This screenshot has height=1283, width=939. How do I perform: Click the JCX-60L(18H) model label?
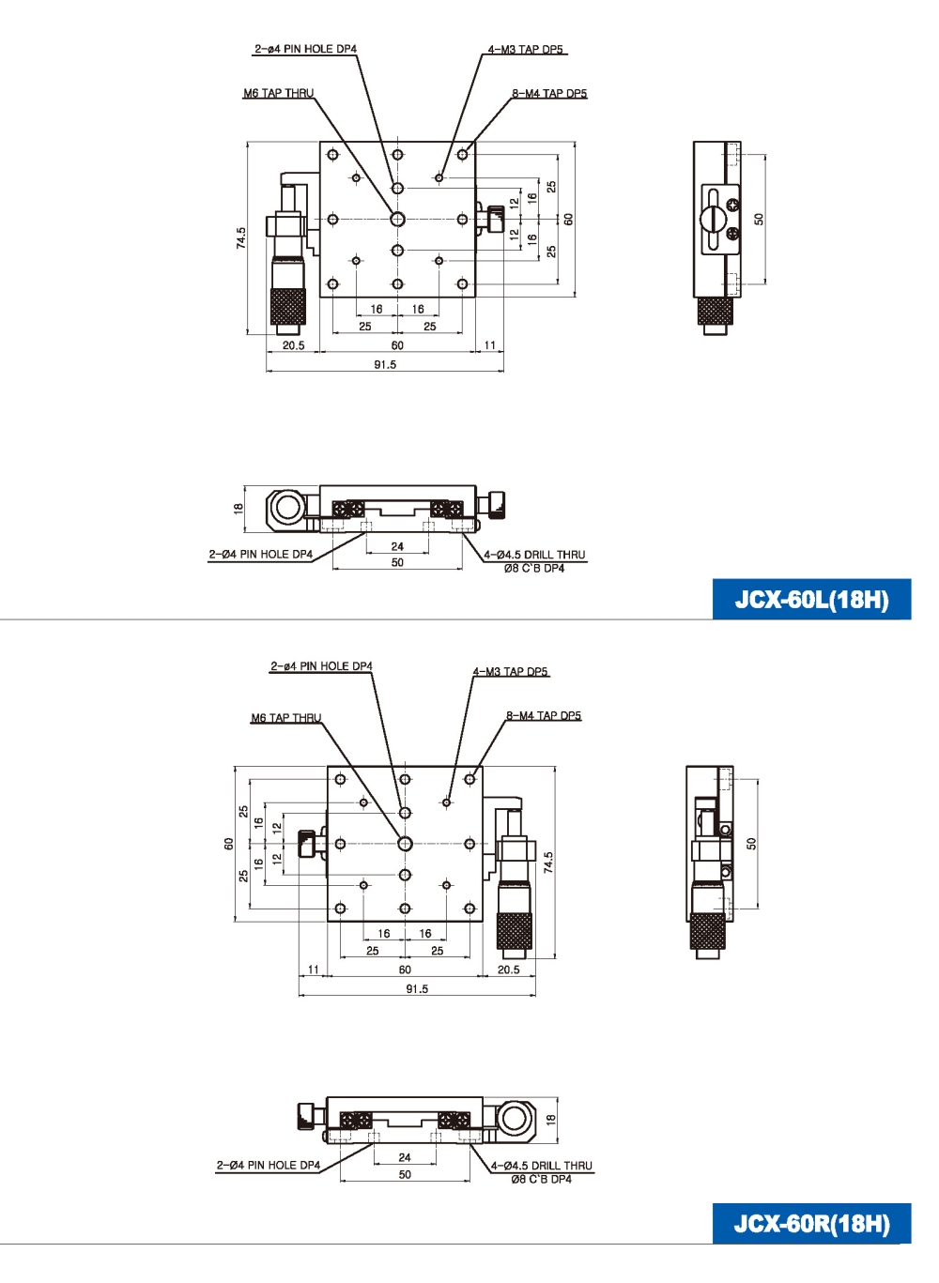click(811, 600)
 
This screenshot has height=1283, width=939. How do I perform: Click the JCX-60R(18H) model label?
click(811, 1224)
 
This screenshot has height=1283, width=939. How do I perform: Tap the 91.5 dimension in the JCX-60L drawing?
click(385, 364)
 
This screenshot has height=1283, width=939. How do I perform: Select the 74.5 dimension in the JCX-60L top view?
click(241, 237)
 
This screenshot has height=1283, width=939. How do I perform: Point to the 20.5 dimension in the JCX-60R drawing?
click(509, 970)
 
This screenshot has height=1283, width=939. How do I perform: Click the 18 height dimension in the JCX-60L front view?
click(239, 508)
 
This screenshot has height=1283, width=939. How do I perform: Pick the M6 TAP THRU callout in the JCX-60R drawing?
click(285, 718)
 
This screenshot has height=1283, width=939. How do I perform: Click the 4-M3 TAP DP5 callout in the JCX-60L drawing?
click(527, 49)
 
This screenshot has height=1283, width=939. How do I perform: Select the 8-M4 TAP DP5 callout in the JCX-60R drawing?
click(544, 715)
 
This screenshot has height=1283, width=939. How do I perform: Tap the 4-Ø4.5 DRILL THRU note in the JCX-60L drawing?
click(534, 555)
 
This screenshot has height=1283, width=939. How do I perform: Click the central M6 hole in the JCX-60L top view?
click(397, 219)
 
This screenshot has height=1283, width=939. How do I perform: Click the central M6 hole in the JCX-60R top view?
click(405, 843)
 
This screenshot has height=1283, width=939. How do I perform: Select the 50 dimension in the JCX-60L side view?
click(759, 219)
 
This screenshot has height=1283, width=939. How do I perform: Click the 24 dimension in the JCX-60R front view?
click(405, 1157)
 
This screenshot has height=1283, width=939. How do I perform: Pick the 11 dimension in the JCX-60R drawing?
click(313, 970)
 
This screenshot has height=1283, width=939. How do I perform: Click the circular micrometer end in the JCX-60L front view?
click(285, 508)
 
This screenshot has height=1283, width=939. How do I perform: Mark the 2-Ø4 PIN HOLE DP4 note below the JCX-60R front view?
click(269, 1165)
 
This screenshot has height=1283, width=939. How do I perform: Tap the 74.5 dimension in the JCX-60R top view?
click(548, 862)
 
